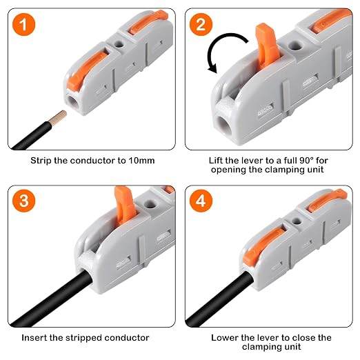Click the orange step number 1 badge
[23, 24]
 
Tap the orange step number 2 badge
[201, 24]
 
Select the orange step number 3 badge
[23, 201]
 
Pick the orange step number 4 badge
[201, 201]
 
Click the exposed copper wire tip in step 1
[57, 118]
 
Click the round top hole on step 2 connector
[295, 46]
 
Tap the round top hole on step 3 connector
[150, 204]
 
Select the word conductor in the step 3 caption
[127, 338]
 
